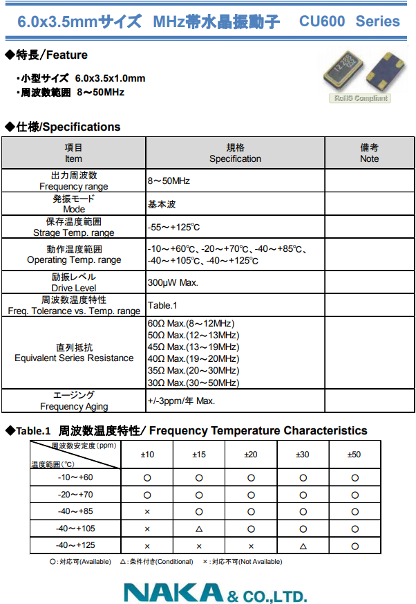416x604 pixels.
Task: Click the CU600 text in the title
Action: point(322,21)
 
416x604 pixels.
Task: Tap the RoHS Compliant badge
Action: point(361,98)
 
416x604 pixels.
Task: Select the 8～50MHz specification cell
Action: point(169,181)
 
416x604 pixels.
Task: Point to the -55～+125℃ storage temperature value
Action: point(173,227)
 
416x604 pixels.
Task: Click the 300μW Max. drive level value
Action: point(173,282)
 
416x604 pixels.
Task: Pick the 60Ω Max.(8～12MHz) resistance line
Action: point(191,323)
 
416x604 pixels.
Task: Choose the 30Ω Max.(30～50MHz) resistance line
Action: point(193,383)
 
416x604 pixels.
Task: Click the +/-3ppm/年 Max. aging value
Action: point(181,401)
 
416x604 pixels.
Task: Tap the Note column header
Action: point(369,153)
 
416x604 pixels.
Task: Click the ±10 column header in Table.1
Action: point(147,455)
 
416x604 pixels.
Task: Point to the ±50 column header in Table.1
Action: point(354,455)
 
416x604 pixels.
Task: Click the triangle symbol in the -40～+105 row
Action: point(199,529)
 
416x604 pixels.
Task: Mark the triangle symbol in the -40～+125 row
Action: point(303,546)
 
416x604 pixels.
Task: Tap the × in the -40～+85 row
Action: point(147,512)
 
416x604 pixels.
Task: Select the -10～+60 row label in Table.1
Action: point(75,477)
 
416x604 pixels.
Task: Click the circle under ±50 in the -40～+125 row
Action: point(354,546)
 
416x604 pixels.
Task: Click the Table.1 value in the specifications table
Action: point(162,305)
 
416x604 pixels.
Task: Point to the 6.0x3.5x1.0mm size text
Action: point(111,78)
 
